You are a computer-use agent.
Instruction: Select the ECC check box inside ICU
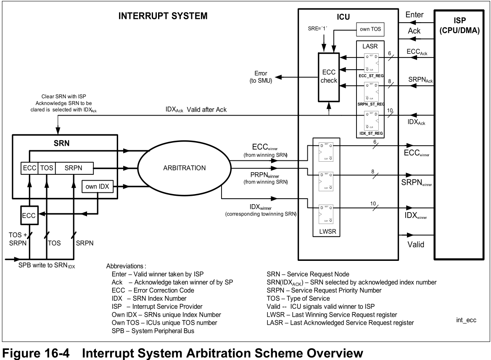click(x=328, y=76)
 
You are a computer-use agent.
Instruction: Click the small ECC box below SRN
click(x=29, y=216)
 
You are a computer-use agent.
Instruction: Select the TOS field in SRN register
click(x=47, y=168)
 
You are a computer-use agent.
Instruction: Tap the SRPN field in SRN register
click(x=74, y=168)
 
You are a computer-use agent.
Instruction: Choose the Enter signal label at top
click(x=414, y=15)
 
